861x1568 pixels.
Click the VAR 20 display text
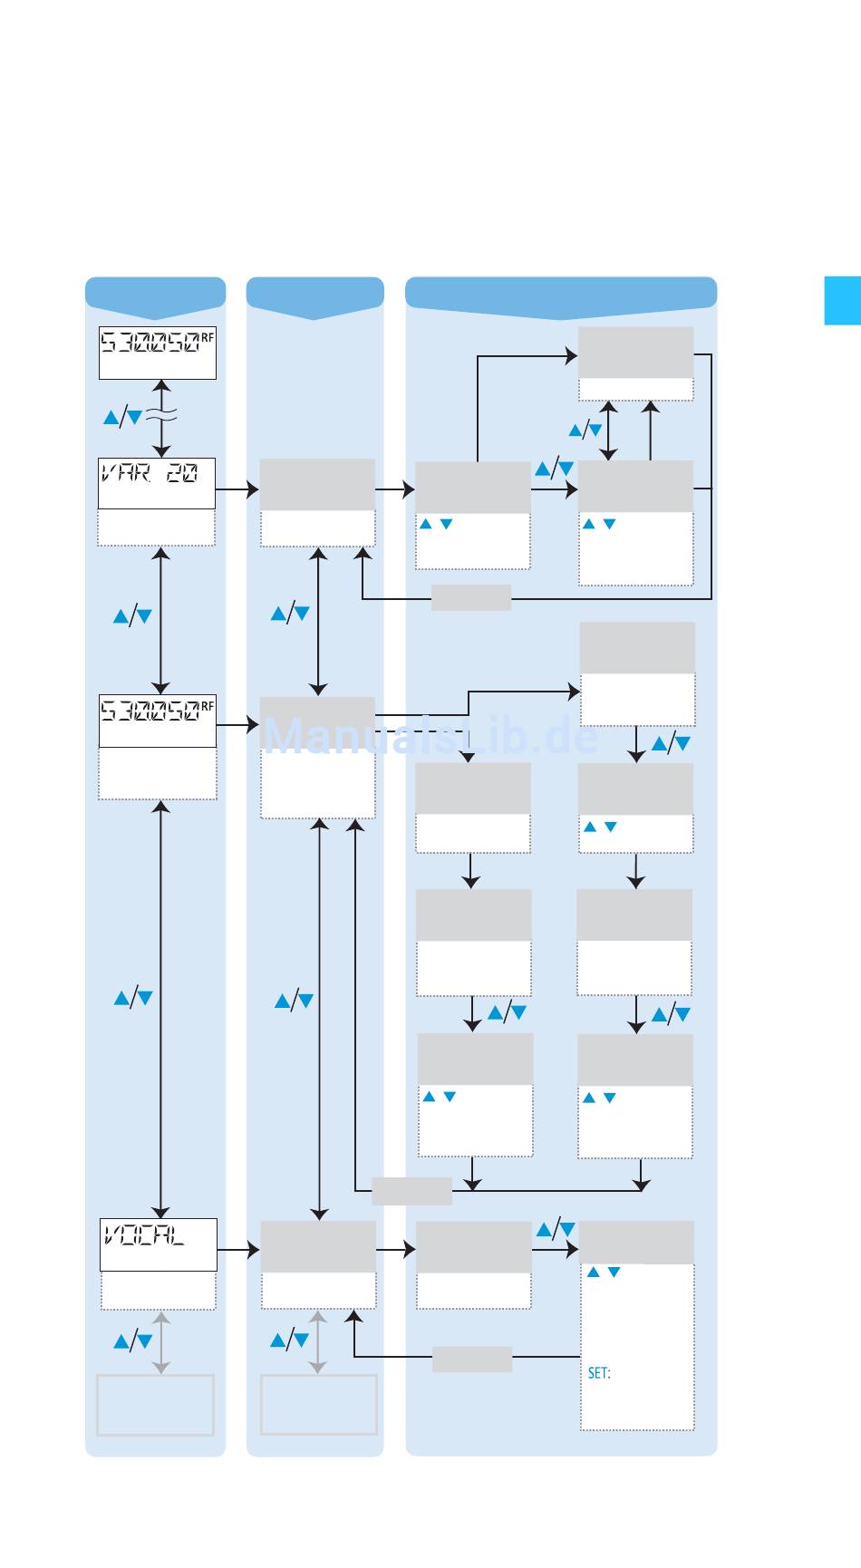pos(149,473)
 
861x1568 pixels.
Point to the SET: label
pos(599,1373)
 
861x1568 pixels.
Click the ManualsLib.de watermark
pos(431,737)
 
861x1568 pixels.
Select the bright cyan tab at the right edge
pos(842,300)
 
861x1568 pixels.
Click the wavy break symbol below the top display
pos(160,416)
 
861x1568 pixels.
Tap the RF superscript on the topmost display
pos(208,338)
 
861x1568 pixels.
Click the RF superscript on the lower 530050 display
pos(208,705)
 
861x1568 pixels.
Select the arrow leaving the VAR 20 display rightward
pos(237,490)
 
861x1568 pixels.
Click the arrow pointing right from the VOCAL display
pos(239,1251)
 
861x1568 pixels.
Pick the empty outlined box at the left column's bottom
pos(156,1404)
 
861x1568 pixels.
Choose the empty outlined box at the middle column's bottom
pos(318,1404)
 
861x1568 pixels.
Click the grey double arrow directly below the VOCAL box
pos(160,1341)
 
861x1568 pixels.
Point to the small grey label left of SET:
pos(471,1359)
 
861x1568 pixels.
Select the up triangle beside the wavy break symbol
pos(111,417)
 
